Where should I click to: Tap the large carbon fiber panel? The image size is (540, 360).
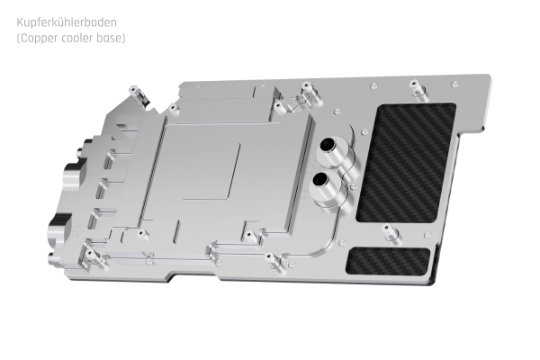(406, 160)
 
